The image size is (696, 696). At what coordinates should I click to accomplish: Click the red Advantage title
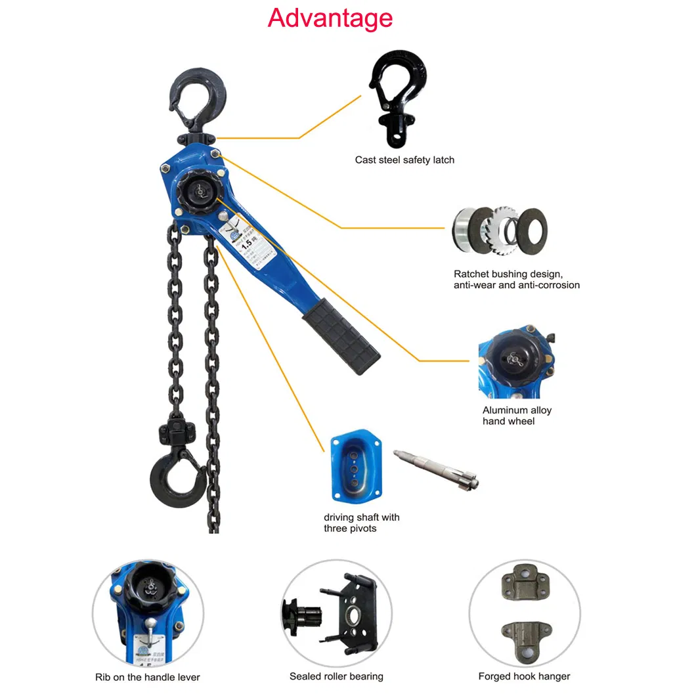[x=330, y=18]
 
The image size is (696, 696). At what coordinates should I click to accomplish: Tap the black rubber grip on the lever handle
[x=341, y=336]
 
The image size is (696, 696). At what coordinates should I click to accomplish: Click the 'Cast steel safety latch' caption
[x=404, y=160]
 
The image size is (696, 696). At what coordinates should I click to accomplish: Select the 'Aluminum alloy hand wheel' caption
[x=517, y=416]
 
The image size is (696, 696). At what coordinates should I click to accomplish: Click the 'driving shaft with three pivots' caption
[x=361, y=523]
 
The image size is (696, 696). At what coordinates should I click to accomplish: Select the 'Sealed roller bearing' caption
[x=336, y=676]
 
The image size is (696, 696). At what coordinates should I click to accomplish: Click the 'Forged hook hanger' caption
[x=524, y=676]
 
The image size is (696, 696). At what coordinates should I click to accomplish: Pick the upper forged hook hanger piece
[x=524, y=586]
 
